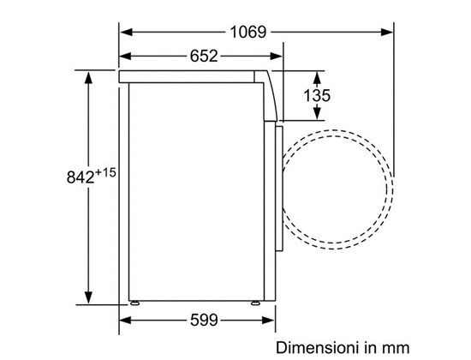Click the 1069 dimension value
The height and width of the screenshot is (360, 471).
click(247, 32)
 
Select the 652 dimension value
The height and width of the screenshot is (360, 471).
click(204, 56)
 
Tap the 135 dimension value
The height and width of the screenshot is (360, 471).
click(317, 95)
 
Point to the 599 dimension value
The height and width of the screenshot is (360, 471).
click(204, 320)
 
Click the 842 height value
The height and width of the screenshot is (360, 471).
click(80, 177)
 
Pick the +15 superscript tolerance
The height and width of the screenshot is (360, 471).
click(105, 172)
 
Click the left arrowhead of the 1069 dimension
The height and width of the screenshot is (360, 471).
click(126, 32)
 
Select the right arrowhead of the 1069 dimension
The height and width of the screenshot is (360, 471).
click(387, 32)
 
